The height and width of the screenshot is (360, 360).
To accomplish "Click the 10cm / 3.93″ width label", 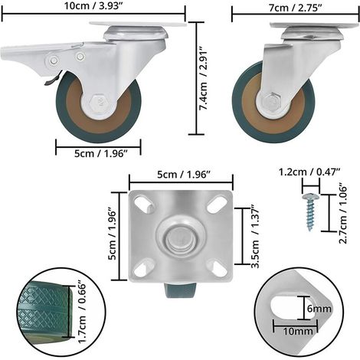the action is tap(93, 6).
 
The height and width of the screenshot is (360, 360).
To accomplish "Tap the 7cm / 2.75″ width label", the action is tap(295, 8).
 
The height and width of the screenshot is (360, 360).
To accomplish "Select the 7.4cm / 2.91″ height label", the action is tap(204, 78).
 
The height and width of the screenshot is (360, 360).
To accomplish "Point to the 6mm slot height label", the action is tap(319, 309).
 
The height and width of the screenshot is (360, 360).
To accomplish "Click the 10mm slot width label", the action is tap(298, 331).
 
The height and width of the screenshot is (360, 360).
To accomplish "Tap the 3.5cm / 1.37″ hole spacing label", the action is tap(255, 236).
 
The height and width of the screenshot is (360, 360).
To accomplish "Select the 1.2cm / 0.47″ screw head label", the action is tap(309, 172).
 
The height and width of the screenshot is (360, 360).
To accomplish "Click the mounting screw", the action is tap(310, 211).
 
